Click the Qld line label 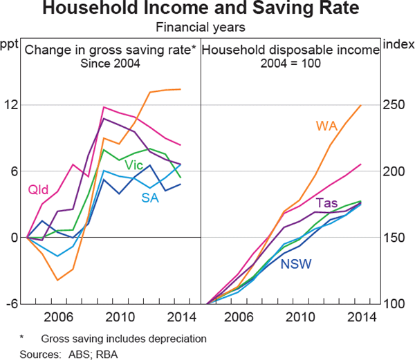pos(37,189)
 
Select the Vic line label pos(134,164)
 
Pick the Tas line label pos(326,202)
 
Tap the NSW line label pos(295,263)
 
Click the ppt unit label pos(9,46)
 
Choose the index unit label pos(398,46)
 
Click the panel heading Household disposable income pos(291,50)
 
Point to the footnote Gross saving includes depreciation pos(124,339)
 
